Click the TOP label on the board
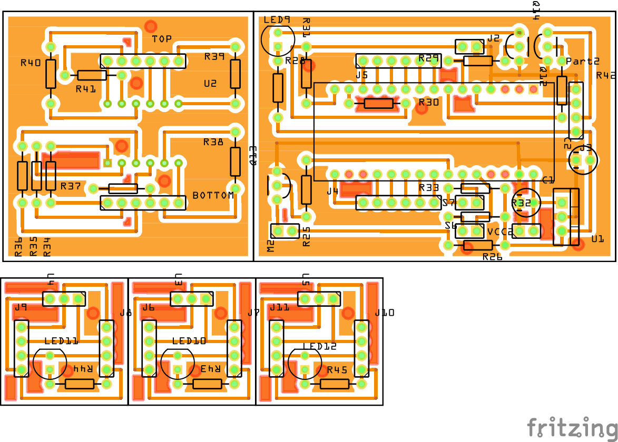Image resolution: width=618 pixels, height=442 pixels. (162, 39)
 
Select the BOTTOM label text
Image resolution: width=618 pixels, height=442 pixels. (213, 195)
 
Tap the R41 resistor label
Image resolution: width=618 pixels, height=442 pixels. (86, 89)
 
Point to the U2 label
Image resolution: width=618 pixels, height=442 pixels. (210, 83)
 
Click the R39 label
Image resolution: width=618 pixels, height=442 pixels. (214, 56)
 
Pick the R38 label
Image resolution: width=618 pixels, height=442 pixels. (213, 142)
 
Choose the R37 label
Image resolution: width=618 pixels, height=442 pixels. (71, 186)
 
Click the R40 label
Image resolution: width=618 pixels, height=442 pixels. (31, 63)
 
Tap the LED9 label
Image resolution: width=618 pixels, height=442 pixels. (277, 20)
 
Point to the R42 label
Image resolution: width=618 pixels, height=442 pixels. (606, 75)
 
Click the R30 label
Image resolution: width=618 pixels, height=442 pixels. (428, 103)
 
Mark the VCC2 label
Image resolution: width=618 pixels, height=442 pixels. (500, 232)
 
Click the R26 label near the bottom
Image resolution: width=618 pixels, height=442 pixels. (493, 257)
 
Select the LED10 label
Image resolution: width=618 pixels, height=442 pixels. (189, 341)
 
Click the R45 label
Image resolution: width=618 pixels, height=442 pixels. (337, 370)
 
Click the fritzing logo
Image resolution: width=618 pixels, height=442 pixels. (572, 426)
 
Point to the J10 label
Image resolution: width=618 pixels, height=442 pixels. (385, 313)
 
